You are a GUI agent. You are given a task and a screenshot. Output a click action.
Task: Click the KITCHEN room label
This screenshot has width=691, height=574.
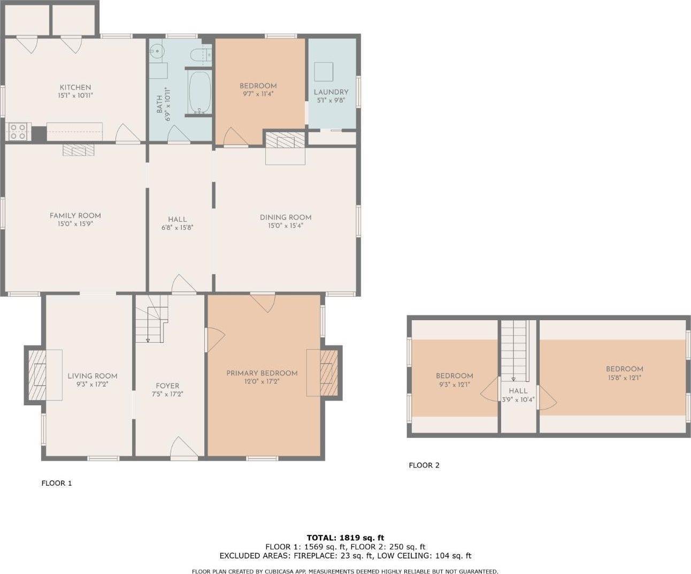75,87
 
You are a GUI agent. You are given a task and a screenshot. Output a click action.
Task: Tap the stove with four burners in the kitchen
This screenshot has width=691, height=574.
18,131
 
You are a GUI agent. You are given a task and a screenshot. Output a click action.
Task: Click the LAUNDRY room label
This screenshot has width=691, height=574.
331,92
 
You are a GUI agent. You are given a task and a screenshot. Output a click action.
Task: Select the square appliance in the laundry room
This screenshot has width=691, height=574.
323,71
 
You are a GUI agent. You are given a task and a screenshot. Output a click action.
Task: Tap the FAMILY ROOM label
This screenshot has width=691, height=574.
75,216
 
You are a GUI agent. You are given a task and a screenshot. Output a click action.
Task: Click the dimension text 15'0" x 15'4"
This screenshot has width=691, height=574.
286,226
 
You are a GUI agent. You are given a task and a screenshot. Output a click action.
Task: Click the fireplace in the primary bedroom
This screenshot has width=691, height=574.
328,373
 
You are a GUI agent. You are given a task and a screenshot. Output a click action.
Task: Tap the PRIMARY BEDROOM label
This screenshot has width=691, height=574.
262,373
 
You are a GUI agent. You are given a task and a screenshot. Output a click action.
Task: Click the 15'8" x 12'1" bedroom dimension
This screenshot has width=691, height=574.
624,377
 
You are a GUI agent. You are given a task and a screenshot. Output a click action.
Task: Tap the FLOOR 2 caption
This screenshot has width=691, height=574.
424,465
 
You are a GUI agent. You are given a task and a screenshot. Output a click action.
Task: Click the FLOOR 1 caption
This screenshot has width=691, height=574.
57,484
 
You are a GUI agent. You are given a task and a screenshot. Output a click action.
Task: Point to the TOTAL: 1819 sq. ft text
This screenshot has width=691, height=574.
345,538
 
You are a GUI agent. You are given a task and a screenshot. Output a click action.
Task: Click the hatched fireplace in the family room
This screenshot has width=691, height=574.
78,149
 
